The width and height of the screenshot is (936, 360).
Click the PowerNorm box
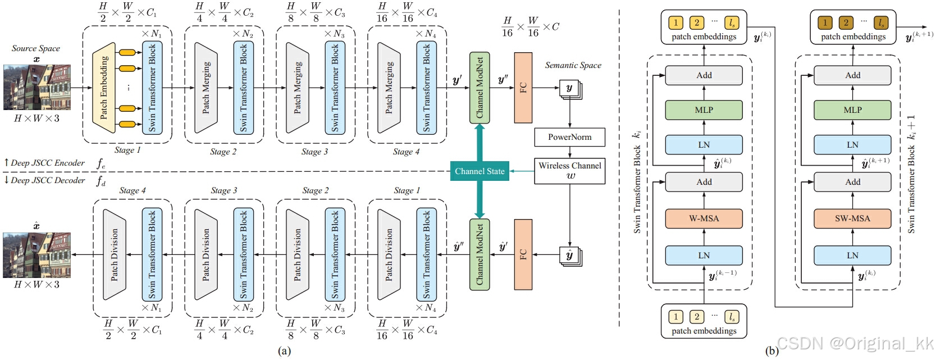(x=569, y=137)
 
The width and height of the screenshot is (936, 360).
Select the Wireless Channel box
(x=569, y=171)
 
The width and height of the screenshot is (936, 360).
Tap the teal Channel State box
(x=480, y=171)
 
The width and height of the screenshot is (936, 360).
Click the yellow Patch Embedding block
(x=104, y=88)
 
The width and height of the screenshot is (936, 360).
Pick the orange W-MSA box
(x=704, y=218)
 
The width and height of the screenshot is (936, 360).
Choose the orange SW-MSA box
(x=852, y=218)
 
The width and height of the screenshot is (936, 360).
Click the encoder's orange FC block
(x=523, y=88)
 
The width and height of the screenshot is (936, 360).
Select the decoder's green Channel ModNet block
(x=480, y=254)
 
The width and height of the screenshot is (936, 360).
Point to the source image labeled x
(x=36, y=87)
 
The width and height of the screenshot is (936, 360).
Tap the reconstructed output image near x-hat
(x=36, y=255)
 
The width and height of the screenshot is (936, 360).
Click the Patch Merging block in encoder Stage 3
(x=298, y=88)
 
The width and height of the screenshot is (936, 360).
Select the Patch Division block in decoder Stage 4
(x=115, y=254)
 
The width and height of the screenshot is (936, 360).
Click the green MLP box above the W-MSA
(x=704, y=110)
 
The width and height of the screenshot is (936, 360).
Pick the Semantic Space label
(x=573, y=65)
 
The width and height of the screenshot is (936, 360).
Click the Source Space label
(x=36, y=48)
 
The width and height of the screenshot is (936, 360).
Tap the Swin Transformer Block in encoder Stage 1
(x=152, y=88)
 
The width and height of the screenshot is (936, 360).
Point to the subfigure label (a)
(x=284, y=351)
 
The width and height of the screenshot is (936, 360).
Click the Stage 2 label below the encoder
(x=223, y=152)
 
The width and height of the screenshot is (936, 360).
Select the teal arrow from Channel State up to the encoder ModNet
(x=480, y=143)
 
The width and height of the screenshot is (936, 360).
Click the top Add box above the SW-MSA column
(x=852, y=75)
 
